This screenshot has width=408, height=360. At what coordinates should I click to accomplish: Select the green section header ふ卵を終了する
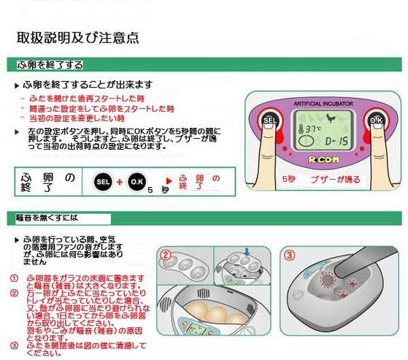[x=50, y=65]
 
